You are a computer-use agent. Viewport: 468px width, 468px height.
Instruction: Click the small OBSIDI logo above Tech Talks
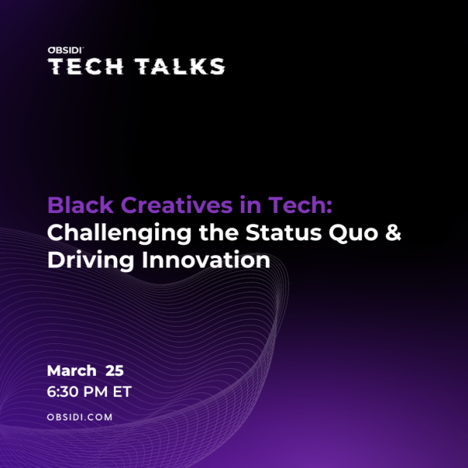pyautogui.click(x=66, y=50)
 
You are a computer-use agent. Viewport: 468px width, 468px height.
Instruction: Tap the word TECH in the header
pyautogui.click(x=86, y=66)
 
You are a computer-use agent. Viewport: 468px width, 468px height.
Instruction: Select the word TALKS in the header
pyautogui.click(x=179, y=66)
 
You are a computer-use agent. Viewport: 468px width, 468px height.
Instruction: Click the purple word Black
pyautogui.click(x=80, y=205)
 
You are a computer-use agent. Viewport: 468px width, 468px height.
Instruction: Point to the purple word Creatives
pyautogui.click(x=177, y=205)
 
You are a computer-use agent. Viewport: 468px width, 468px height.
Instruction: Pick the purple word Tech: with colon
pyautogui.click(x=300, y=205)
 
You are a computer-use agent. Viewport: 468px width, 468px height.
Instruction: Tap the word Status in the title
pyautogui.click(x=284, y=232)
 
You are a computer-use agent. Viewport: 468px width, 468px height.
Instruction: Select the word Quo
pyautogui.click(x=353, y=233)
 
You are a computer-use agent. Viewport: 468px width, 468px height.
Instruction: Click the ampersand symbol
pyautogui.click(x=393, y=232)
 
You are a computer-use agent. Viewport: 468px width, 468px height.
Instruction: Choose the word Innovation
pyautogui.click(x=206, y=260)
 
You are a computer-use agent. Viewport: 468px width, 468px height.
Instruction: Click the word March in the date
pyautogui.click(x=72, y=370)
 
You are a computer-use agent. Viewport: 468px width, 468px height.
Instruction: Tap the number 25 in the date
pyautogui.click(x=115, y=370)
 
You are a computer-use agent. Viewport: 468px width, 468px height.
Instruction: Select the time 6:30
pyautogui.click(x=62, y=392)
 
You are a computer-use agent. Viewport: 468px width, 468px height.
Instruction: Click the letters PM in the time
pyautogui.click(x=95, y=392)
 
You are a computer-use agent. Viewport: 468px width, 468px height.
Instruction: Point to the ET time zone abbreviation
pyautogui.click(x=122, y=392)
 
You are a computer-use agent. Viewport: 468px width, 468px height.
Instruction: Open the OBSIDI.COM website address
pyautogui.click(x=80, y=417)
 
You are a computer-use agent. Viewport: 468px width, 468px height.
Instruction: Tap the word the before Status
pyautogui.click(x=218, y=232)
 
